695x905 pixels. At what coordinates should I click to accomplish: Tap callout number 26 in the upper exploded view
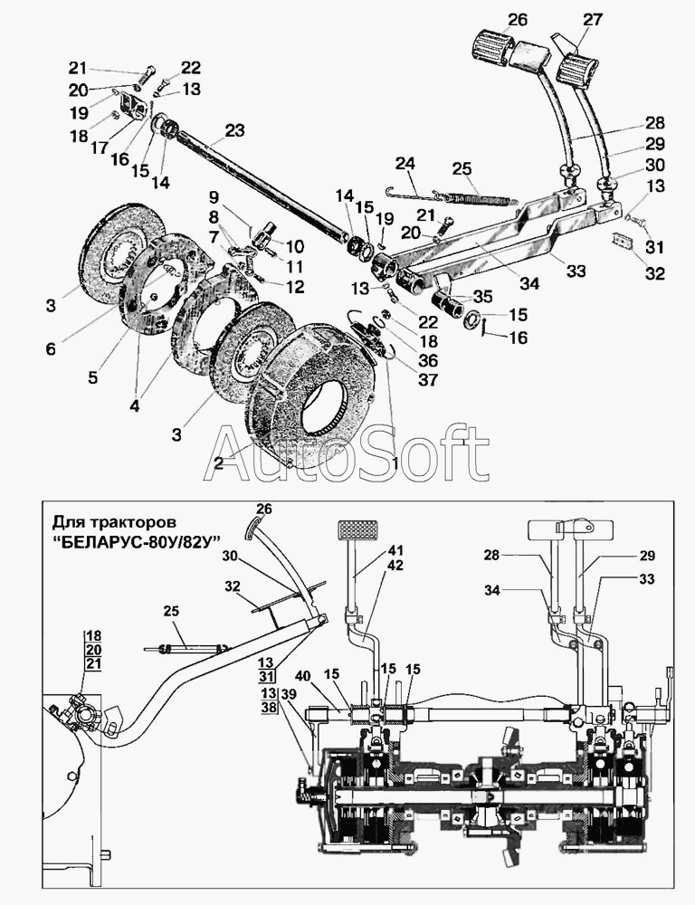click(517, 20)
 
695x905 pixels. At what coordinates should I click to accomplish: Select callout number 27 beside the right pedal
click(592, 20)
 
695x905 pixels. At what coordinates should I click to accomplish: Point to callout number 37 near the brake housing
click(428, 380)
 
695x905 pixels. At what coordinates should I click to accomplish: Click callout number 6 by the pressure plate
click(51, 348)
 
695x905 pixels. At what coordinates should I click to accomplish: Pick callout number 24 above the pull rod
click(405, 163)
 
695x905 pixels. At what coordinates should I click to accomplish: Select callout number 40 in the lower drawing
click(304, 675)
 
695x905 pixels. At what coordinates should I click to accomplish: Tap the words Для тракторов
click(114, 523)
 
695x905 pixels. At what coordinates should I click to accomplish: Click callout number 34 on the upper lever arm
click(528, 283)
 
